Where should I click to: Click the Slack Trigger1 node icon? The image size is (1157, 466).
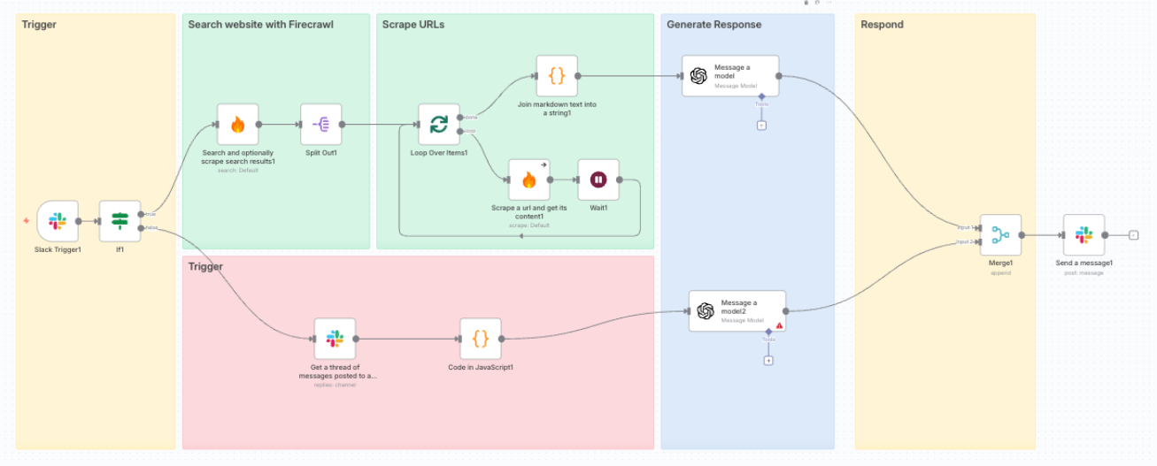click(x=58, y=221)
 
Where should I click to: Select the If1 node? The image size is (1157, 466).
click(x=119, y=221)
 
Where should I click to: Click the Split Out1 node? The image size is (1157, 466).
click(x=320, y=125)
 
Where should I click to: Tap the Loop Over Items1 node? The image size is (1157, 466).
click(x=439, y=125)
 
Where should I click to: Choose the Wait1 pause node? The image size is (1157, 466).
click(x=598, y=180)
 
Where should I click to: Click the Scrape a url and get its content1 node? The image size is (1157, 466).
click(x=528, y=180)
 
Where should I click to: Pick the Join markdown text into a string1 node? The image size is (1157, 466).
click(x=557, y=76)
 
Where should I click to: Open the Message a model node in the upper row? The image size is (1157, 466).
click(x=730, y=76)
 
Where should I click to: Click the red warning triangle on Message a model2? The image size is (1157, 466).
click(x=780, y=325)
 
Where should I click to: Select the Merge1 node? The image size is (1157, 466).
click(x=1000, y=235)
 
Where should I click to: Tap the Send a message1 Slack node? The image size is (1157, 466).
click(x=1084, y=235)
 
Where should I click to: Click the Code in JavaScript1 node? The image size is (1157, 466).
click(x=481, y=339)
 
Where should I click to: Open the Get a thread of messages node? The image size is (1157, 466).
click(x=335, y=339)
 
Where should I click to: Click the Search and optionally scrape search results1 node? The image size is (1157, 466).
click(x=237, y=125)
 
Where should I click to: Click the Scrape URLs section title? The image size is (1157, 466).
click(x=413, y=25)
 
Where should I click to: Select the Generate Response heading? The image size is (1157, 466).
click(x=713, y=25)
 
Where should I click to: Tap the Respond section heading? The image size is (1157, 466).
click(x=882, y=25)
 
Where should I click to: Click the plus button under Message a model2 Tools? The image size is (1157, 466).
click(x=768, y=360)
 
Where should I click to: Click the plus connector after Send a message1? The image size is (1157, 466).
click(x=1133, y=235)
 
